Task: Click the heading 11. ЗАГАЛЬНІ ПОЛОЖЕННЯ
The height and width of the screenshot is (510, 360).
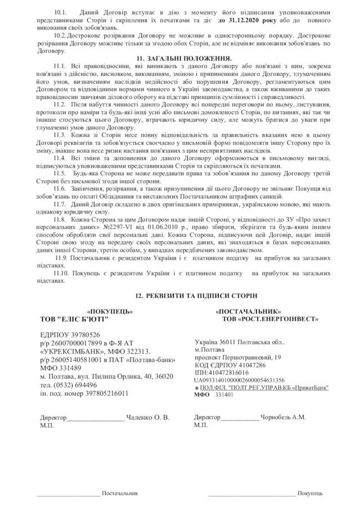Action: [x=179, y=59]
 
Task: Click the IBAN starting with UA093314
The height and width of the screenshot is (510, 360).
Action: [x=240, y=380]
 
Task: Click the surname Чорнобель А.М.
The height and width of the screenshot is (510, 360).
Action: [x=284, y=418]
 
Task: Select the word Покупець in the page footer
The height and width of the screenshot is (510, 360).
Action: [x=310, y=493]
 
